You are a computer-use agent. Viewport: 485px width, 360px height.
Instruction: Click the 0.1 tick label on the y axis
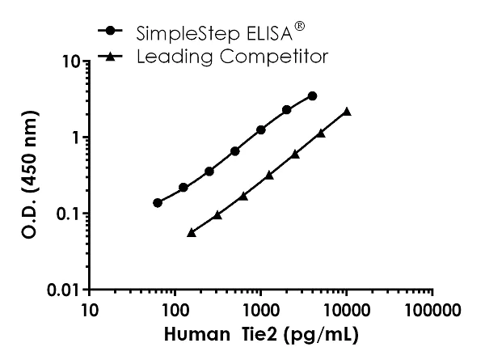66,214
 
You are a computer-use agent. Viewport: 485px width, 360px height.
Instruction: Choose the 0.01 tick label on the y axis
62,290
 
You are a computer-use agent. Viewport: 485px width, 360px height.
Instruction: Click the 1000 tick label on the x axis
260,310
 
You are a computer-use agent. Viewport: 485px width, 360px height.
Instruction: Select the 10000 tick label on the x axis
346,310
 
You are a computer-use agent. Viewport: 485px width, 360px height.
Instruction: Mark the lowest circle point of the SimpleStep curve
158,202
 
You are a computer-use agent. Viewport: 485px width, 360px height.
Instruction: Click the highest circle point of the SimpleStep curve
312,95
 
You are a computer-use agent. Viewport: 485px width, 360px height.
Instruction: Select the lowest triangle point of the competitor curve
192,231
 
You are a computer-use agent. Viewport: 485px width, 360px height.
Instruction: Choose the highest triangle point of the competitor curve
347,111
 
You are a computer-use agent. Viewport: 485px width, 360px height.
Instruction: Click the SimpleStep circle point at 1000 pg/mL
261,129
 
